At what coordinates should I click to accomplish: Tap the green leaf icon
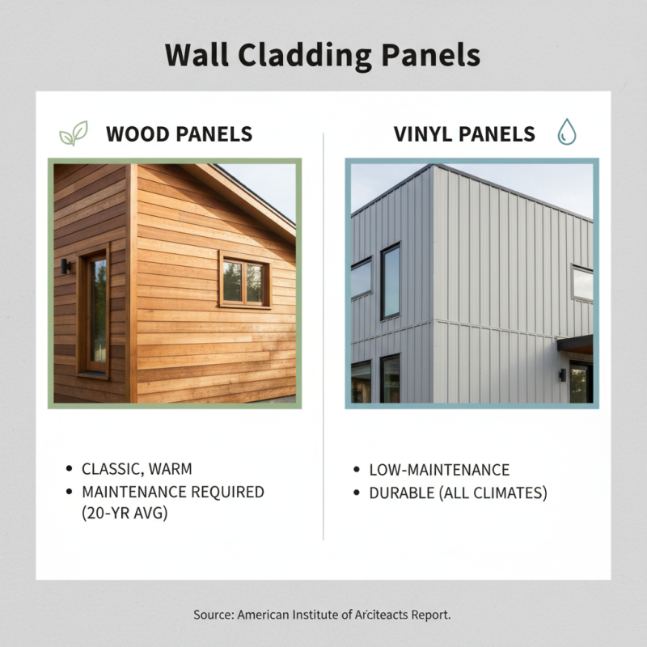tap(73, 133)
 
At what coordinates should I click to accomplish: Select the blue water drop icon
tap(565, 133)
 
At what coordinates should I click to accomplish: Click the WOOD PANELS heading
tap(179, 133)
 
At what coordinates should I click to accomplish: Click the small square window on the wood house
tap(243, 282)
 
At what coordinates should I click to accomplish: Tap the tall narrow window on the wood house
tap(96, 311)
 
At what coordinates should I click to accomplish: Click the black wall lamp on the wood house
tap(66, 265)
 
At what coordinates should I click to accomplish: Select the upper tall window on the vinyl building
tap(390, 281)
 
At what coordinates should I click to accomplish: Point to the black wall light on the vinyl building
tap(561, 374)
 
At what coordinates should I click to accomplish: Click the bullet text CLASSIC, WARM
tap(137, 469)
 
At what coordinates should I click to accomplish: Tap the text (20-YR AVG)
tap(125, 513)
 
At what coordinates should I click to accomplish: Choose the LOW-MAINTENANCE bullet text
tap(439, 470)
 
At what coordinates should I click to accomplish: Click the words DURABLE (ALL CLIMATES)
tap(458, 493)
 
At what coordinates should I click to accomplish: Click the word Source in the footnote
tap(213, 615)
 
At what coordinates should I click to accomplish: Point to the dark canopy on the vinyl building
tap(575, 345)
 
